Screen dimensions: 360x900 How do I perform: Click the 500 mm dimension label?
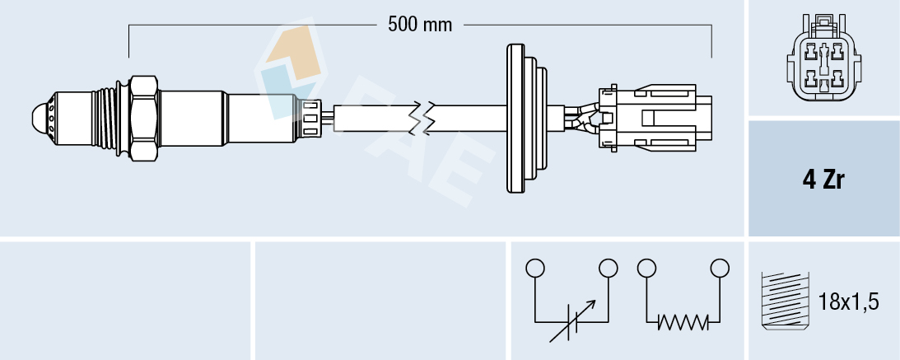click(x=420, y=25)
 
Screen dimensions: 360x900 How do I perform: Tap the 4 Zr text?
click(x=823, y=180)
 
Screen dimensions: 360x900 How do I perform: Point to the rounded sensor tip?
click(x=41, y=117)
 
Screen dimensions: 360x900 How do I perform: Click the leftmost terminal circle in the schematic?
click(x=535, y=268)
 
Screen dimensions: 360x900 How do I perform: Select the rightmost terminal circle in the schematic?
click(x=720, y=268)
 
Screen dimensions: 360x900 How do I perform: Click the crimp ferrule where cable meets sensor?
click(x=312, y=118)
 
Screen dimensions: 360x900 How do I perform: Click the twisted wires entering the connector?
click(x=583, y=118)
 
